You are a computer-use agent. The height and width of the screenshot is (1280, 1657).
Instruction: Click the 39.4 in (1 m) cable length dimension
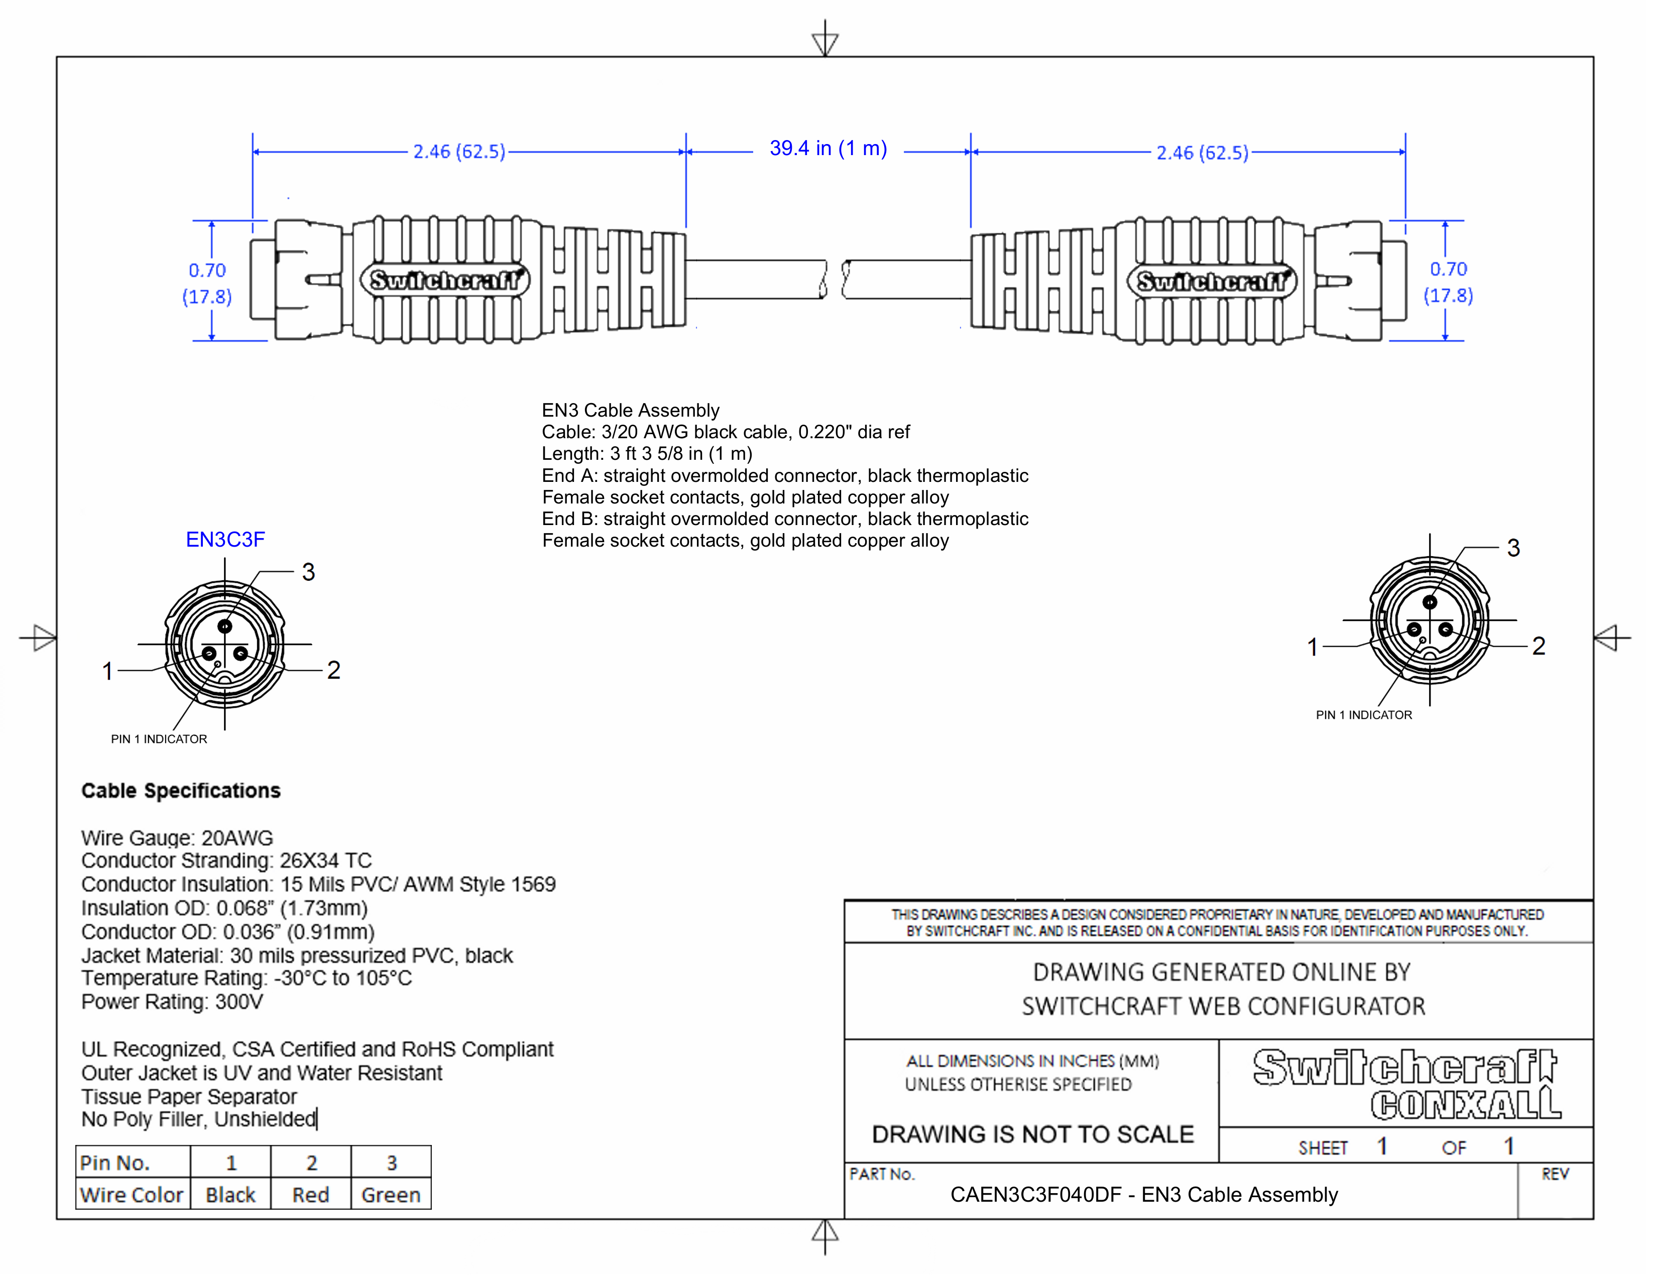tap(827, 149)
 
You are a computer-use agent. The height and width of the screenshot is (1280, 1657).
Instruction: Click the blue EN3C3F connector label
tap(225, 540)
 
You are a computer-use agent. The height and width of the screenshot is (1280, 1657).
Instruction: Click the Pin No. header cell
tap(115, 1163)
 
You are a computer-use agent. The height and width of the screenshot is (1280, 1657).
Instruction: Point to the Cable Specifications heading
tap(181, 791)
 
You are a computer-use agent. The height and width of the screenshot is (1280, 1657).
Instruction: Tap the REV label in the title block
tap(1555, 1175)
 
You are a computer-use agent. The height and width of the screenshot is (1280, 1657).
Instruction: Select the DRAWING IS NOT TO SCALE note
tap(1032, 1134)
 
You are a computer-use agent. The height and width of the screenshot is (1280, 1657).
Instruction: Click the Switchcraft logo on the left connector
tap(445, 281)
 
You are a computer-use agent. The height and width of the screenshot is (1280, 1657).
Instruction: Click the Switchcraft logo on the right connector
tap(1212, 282)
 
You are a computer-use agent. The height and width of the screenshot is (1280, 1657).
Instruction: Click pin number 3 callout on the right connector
tap(1513, 548)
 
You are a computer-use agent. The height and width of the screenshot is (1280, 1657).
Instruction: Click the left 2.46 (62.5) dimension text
tap(459, 152)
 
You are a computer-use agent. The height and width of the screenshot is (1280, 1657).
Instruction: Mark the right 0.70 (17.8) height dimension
tap(1448, 282)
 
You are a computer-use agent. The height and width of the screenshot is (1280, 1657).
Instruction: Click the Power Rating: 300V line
tap(172, 1002)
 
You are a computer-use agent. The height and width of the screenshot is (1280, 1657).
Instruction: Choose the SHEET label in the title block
tap(1323, 1148)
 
